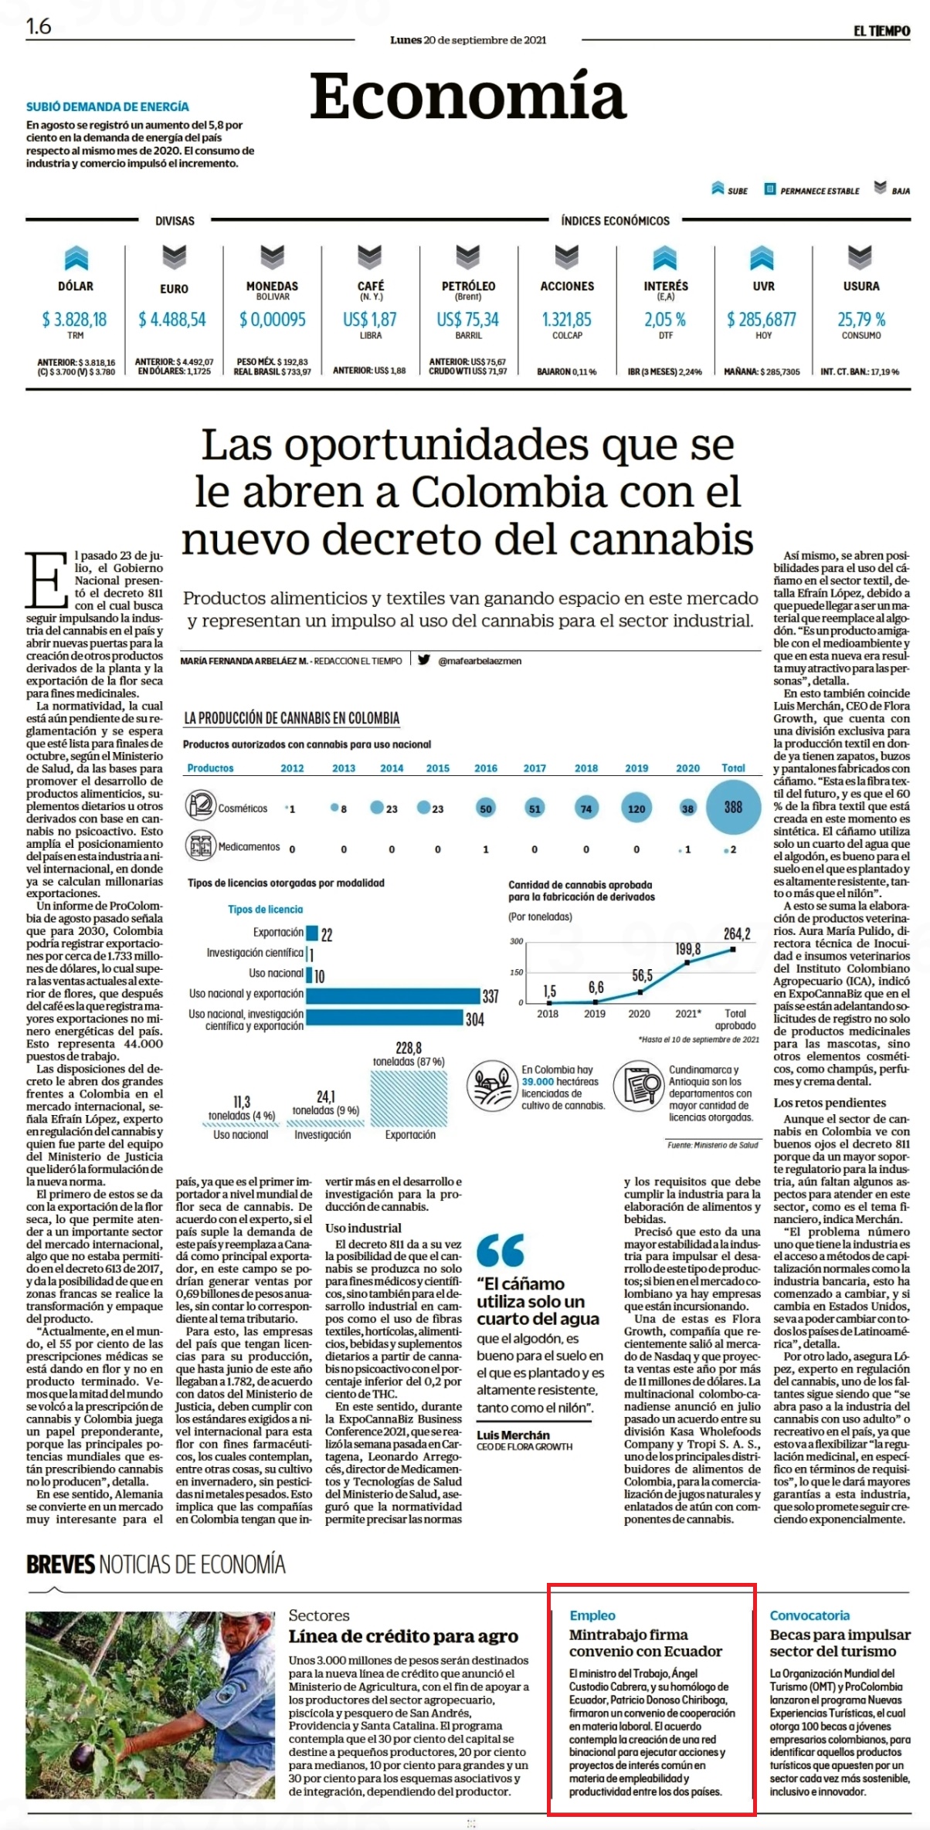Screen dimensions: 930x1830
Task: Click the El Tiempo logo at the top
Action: (881, 31)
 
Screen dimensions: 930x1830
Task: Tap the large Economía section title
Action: (468, 96)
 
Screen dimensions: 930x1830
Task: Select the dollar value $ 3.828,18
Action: (75, 319)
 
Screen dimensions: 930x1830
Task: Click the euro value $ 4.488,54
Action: (172, 319)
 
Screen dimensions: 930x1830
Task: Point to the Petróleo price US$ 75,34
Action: (468, 319)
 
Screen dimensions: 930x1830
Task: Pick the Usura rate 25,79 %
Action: (861, 319)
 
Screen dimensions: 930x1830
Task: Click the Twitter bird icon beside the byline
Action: (424, 659)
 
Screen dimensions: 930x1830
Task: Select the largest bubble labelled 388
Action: (733, 807)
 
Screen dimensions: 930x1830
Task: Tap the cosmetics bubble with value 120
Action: (636, 808)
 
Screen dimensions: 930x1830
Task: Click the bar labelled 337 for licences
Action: (392, 996)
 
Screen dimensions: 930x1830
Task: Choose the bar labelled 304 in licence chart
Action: (384, 1018)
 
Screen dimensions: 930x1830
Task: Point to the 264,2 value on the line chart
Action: (737, 934)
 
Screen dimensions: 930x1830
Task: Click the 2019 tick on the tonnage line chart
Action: (595, 1013)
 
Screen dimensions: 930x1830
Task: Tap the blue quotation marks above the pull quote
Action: (501, 1250)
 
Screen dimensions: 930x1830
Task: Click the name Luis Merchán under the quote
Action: (513, 1435)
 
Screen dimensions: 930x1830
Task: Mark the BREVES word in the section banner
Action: (60, 1565)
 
